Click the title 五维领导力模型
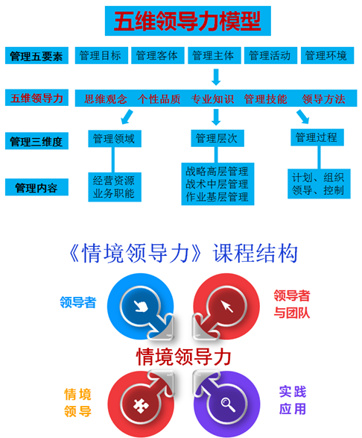point(188,21)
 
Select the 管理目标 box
point(101,55)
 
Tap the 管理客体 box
point(158,55)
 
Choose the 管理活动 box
point(270,55)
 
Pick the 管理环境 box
point(327,55)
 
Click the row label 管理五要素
point(36,56)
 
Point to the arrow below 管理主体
point(216,77)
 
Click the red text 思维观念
point(106,99)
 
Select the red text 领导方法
point(324,99)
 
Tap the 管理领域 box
point(115,139)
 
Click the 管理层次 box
point(217,138)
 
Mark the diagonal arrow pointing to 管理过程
point(302,116)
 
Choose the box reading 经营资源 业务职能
point(115,187)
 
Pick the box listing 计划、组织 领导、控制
point(319,184)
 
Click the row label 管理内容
point(36,187)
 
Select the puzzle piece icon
point(140,406)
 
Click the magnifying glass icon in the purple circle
point(228,404)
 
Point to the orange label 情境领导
point(77,403)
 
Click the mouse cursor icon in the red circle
point(227,306)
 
